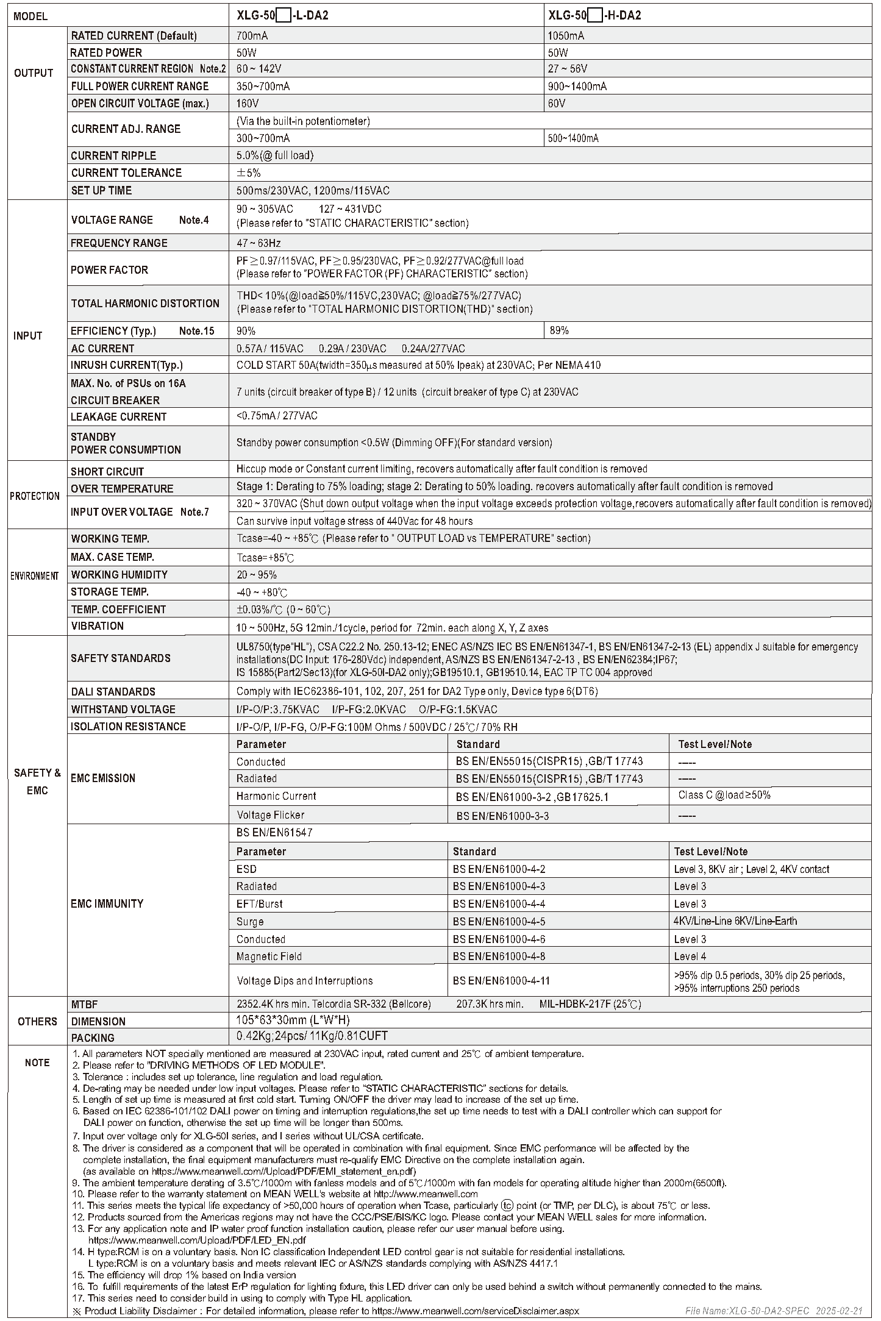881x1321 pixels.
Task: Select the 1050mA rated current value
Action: [566, 35]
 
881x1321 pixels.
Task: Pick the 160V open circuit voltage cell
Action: [248, 104]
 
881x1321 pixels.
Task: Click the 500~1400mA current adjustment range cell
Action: [573, 138]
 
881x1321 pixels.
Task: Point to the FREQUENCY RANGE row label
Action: [119, 243]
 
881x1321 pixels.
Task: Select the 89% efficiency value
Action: [559, 330]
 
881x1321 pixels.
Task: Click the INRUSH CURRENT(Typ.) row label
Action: [127, 365]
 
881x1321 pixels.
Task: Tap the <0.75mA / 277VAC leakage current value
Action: [277, 416]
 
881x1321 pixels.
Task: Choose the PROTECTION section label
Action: [35, 496]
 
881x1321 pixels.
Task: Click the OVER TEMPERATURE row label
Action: [122, 488]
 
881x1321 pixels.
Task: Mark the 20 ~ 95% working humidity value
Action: [257, 575]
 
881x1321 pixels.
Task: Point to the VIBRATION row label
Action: [98, 626]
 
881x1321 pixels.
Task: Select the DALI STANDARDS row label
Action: [113, 692]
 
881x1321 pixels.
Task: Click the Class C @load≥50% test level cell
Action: [724, 795]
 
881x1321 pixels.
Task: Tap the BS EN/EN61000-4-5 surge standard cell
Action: [499, 922]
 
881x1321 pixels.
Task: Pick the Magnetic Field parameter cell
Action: [269, 956]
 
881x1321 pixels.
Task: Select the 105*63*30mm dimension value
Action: [293, 1020]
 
